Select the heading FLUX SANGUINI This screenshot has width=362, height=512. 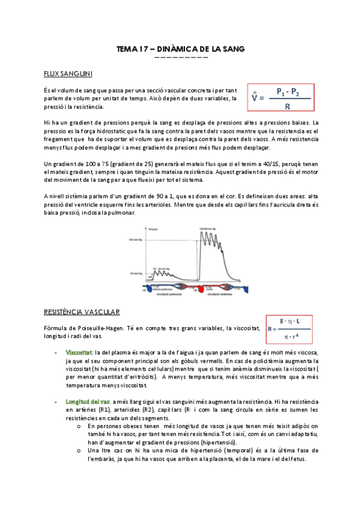[68, 74]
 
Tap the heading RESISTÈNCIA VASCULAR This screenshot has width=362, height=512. [82, 312]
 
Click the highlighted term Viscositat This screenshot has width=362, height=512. [79, 351]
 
